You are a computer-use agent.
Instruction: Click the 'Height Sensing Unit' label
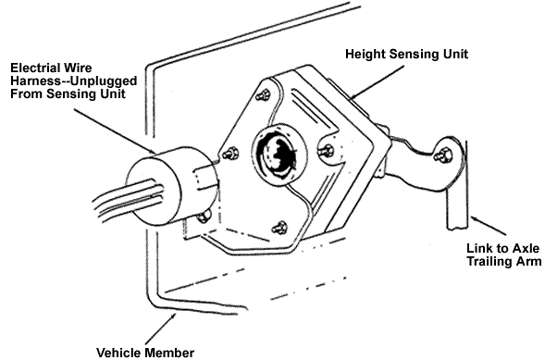[406, 55]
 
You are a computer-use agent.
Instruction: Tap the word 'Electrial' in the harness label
[33, 68]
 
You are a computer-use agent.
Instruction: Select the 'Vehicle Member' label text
[145, 353]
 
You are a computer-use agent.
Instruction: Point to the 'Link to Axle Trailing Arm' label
[503, 254]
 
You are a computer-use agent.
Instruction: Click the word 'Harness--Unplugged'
[74, 81]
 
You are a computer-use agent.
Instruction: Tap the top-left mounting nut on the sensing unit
[263, 95]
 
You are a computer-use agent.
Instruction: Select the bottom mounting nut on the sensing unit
[279, 228]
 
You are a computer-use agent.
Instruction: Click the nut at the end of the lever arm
[444, 154]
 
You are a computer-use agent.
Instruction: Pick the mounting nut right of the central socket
[326, 151]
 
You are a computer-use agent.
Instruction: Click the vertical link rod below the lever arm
[457, 205]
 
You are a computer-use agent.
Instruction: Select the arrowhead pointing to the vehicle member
[173, 317]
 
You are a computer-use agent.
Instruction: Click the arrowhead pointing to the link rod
[476, 219]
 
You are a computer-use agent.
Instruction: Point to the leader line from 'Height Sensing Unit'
[378, 82]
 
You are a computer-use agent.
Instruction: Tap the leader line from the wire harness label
[116, 131]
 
